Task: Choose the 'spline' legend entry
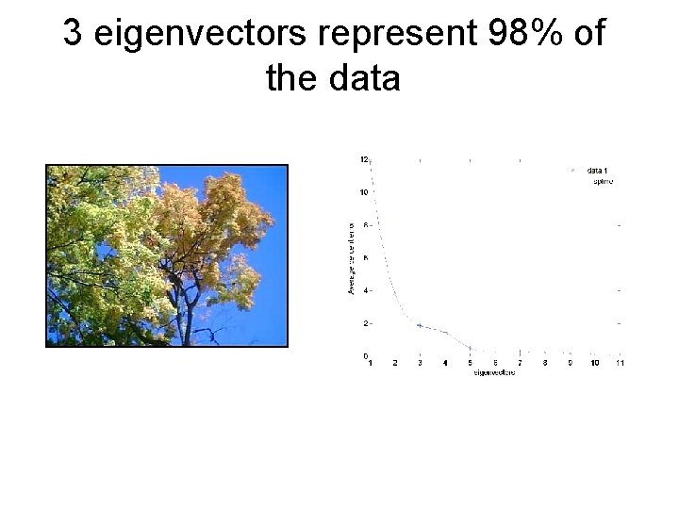[602, 181]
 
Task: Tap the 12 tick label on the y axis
[363, 159]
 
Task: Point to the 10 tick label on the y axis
[363, 192]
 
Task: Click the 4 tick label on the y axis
[365, 290]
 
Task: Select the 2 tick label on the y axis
[365, 323]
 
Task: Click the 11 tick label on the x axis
[619, 363]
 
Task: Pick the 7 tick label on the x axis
[520, 363]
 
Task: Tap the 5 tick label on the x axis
[470, 363]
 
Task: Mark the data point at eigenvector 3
[420, 325]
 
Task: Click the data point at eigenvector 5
[470, 348]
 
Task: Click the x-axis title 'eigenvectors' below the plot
[494, 374]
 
